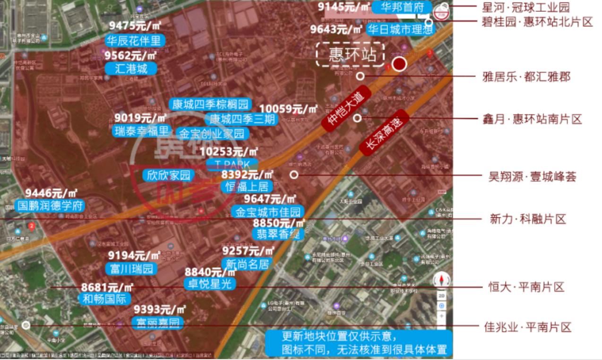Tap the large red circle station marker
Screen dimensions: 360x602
399,64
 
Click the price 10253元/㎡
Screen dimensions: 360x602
229,152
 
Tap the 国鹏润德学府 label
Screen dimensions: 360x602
51,206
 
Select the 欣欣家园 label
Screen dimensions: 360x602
168,175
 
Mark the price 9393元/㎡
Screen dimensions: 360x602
160,310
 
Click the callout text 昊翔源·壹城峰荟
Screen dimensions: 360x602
532,177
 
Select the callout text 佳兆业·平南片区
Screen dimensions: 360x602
527,327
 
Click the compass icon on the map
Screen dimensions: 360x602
442,280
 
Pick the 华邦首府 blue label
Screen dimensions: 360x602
401,8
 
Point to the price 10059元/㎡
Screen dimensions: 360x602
289,109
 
